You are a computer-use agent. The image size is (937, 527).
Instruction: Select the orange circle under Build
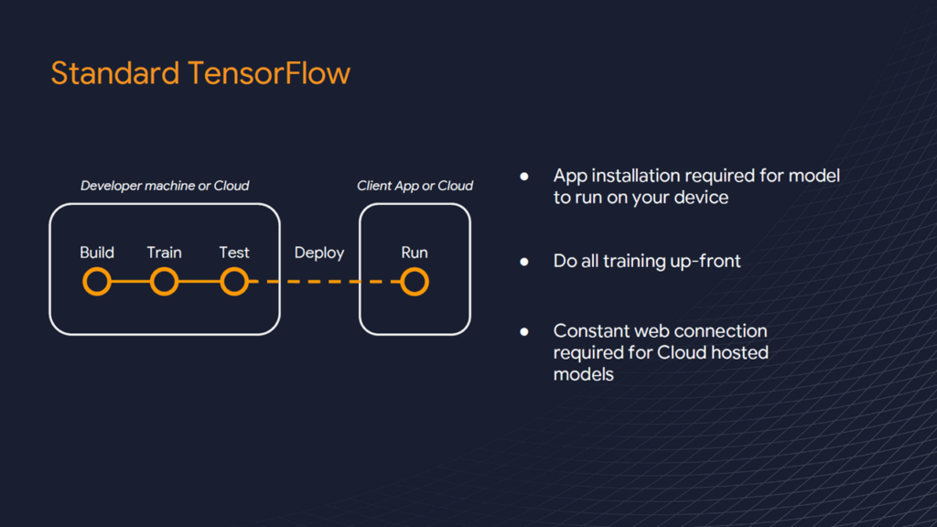pos(97,282)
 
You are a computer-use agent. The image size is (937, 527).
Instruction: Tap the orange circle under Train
pos(164,282)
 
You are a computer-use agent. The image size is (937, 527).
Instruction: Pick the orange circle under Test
pos(234,282)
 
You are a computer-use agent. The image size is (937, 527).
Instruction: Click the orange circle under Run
pos(415,282)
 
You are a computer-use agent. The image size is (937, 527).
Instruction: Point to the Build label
pos(97,253)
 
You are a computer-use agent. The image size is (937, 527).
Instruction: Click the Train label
pos(164,253)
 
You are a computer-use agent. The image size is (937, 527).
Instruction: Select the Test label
pos(234,253)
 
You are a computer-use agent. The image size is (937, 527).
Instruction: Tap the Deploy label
pos(319,253)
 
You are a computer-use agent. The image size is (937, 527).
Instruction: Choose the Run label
pos(415,253)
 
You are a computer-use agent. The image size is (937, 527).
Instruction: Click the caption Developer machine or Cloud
pos(165,186)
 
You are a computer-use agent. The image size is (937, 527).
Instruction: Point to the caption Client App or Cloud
pos(415,186)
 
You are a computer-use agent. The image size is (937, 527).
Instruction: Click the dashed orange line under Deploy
pos(319,282)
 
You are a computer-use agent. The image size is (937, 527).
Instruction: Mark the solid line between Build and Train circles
pos(131,282)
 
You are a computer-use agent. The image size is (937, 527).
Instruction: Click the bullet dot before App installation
pos(524,176)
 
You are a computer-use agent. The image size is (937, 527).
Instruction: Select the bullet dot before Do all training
pos(524,262)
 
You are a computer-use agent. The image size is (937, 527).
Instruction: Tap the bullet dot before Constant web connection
pos(524,331)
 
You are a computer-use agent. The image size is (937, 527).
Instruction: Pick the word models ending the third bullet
pos(583,374)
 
